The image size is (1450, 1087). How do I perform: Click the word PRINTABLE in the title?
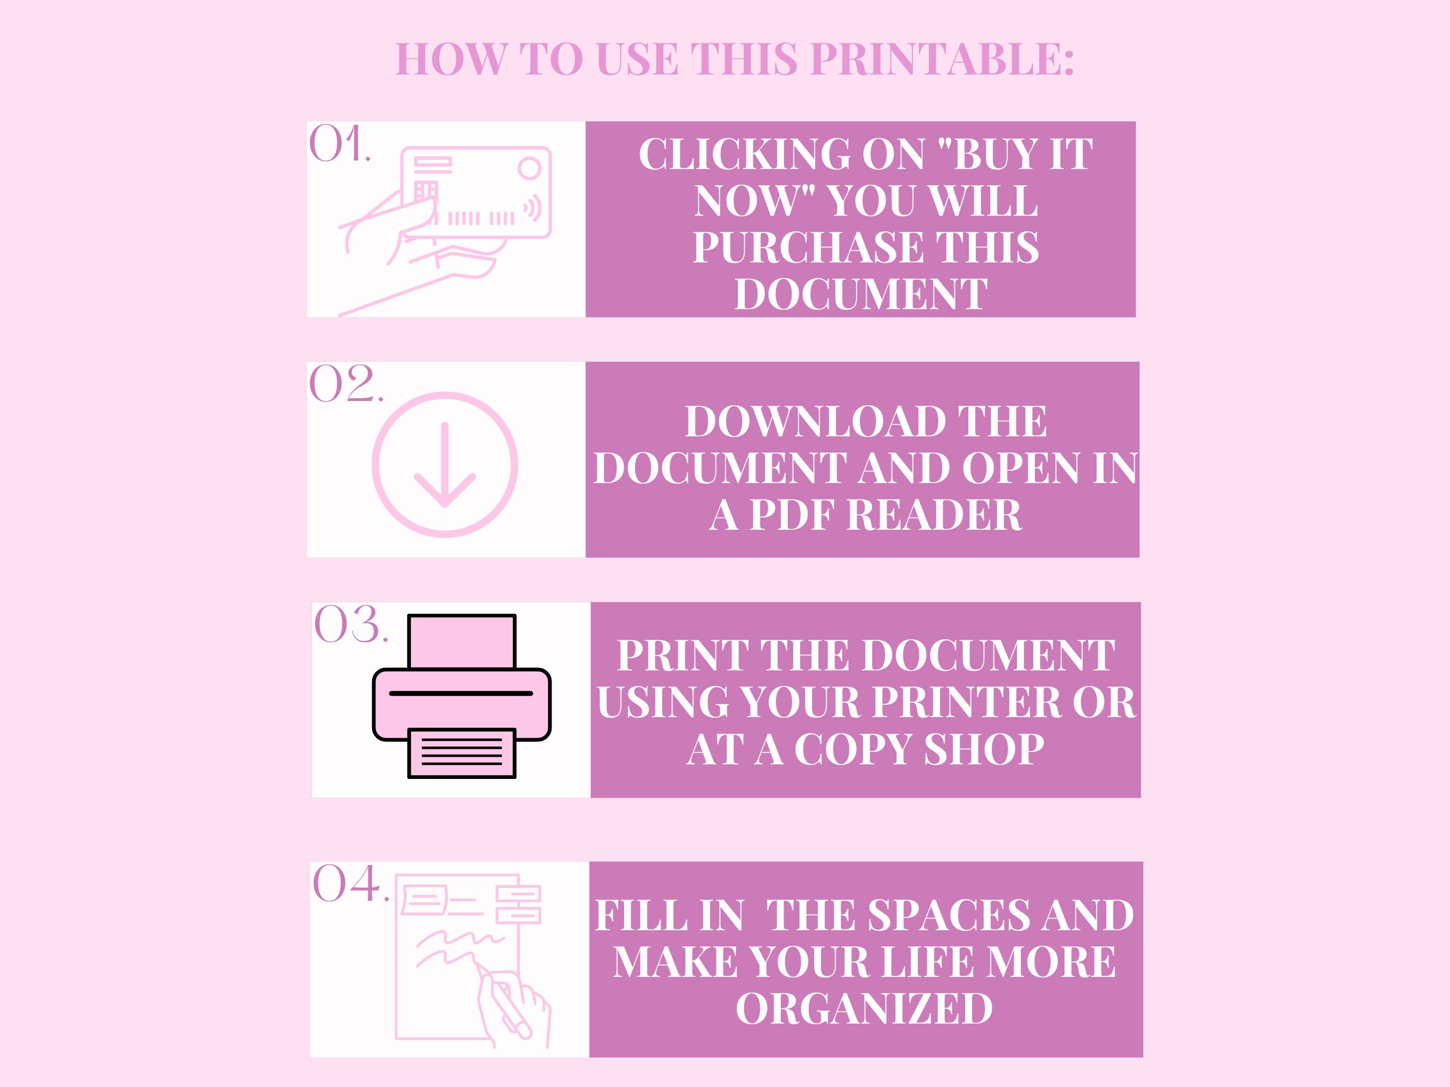tap(942, 60)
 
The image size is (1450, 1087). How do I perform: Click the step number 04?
tap(350, 885)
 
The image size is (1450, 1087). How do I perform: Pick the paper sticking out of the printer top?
tap(461, 641)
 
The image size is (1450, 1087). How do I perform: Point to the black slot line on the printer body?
tap(461, 693)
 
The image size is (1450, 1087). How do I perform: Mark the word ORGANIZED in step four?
tap(864, 1009)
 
